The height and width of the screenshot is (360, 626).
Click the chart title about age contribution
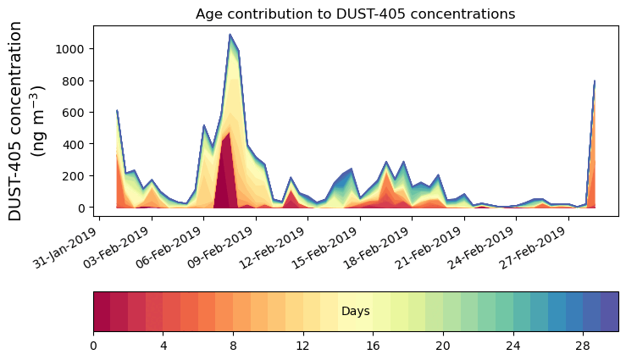(355, 14)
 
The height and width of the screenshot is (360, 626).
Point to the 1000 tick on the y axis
(70, 49)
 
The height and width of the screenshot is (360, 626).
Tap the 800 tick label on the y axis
(74, 81)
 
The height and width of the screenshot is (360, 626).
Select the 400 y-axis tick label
(74, 144)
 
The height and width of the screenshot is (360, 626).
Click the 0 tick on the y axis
(80, 208)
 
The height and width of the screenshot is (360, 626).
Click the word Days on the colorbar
(355, 312)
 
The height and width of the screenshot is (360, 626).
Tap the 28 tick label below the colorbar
(583, 346)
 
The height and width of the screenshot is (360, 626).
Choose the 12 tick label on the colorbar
(303, 346)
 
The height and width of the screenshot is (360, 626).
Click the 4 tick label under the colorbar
(163, 346)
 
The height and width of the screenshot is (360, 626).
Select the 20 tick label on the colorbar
(443, 346)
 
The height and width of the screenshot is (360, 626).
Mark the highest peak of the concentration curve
(230, 35)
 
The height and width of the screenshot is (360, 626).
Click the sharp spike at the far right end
(595, 81)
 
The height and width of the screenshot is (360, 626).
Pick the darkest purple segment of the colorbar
(609, 311)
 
